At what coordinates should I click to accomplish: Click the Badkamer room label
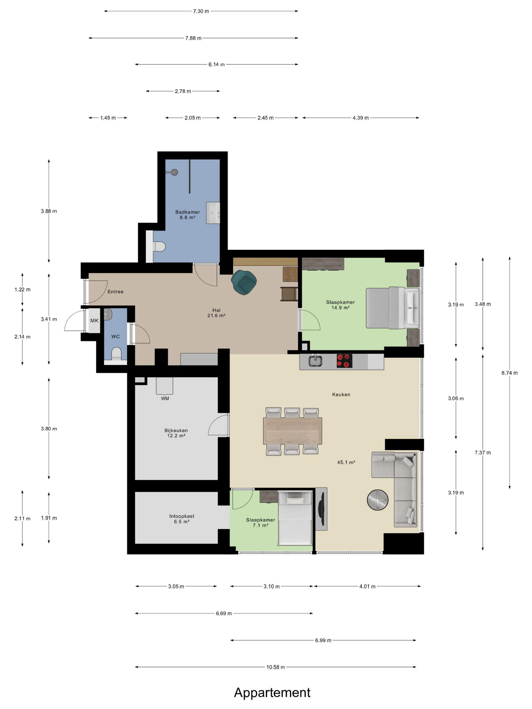click(188, 212)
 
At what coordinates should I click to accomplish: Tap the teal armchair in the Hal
click(244, 281)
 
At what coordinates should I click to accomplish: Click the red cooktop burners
click(344, 361)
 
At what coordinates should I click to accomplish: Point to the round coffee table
click(377, 500)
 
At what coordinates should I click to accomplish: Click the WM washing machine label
click(165, 398)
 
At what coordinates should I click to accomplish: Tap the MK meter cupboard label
click(94, 321)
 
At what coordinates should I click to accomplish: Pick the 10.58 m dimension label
click(275, 667)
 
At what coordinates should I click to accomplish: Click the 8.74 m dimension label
click(509, 373)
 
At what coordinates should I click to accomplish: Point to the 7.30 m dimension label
click(201, 11)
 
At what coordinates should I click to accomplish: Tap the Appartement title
click(272, 692)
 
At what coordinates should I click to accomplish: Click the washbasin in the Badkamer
click(213, 212)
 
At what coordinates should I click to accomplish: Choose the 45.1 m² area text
click(346, 462)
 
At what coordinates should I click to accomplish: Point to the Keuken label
click(341, 395)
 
